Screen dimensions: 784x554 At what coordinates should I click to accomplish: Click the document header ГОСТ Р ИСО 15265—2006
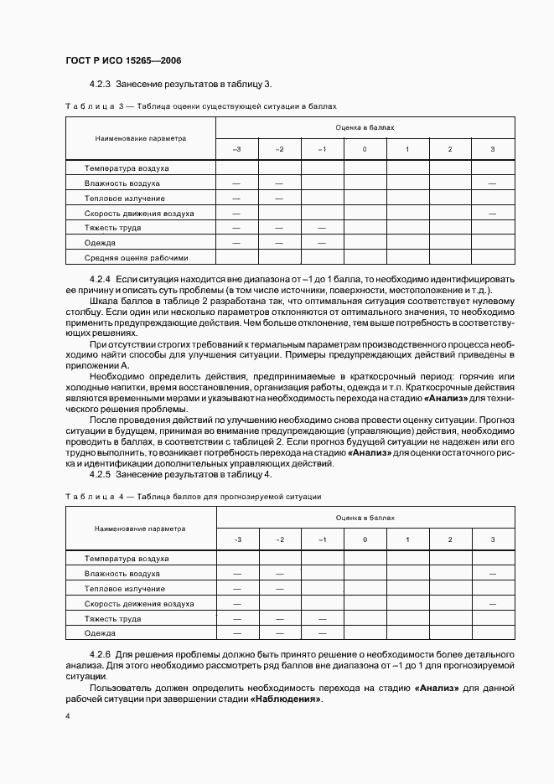[x=123, y=61]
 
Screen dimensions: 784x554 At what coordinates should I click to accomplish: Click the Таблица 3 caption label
[x=94, y=107]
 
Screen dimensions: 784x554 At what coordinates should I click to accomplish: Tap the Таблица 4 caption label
[x=94, y=497]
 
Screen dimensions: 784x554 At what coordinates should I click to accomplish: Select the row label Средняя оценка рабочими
[x=137, y=258]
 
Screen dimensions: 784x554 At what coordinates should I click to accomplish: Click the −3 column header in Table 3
[x=237, y=149]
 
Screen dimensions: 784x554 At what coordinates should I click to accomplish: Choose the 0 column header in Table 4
[x=365, y=539]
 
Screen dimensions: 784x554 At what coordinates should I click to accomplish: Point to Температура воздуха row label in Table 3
[x=127, y=168]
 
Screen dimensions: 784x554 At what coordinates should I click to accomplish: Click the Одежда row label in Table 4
[x=100, y=633]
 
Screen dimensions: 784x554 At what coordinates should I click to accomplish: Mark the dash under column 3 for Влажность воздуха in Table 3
[x=492, y=183]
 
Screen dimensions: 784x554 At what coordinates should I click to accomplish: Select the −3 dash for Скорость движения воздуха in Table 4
[x=237, y=603]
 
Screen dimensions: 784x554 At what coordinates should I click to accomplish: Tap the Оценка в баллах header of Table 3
[x=365, y=127]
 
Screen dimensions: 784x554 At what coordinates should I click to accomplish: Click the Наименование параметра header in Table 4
[x=140, y=529]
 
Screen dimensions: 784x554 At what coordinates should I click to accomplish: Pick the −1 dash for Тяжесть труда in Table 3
[x=322, y=228]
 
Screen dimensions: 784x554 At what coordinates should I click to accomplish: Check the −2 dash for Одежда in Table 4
[x=280, y=633]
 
